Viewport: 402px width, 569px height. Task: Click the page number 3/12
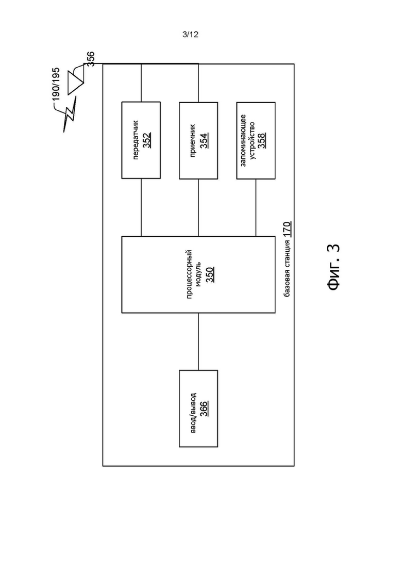(190, 35)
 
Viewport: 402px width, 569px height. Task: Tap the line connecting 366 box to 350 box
(198, 342)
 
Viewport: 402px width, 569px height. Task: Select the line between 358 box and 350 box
(256, 207)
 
